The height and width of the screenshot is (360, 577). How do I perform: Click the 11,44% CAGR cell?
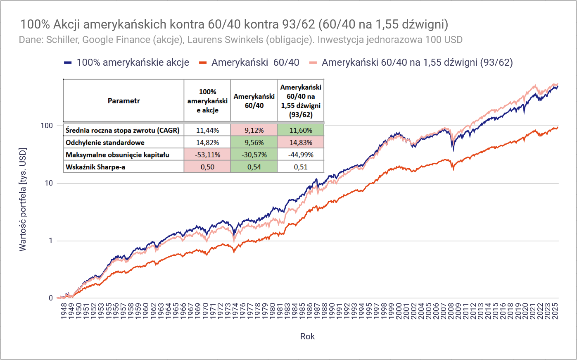point(207,130)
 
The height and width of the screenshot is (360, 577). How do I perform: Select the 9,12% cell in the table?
point(254,130)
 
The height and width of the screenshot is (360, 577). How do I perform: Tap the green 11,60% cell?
point(301,130)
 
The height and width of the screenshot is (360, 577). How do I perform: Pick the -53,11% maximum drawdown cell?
point(207,155)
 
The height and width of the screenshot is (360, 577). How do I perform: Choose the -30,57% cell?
point(254,155)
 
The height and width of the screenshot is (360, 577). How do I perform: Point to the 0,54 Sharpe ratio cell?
point(254,167)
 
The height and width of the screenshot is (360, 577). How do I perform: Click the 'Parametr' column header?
point(123,101)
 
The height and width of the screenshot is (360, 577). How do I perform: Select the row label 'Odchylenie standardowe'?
point(105,143)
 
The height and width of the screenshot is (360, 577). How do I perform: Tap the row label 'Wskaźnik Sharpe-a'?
point(95,167)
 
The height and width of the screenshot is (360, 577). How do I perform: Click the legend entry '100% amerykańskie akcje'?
point(133,62)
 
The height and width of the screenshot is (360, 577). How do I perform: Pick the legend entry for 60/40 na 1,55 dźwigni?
point(417,62)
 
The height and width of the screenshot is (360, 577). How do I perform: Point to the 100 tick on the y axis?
point(47,126)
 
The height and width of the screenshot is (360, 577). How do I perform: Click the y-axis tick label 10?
point(49,183)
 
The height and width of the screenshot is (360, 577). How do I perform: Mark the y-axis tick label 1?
point(51,241)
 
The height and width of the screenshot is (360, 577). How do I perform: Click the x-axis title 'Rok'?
point(307,336)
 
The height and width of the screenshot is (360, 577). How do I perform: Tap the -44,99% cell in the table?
point(301,155)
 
